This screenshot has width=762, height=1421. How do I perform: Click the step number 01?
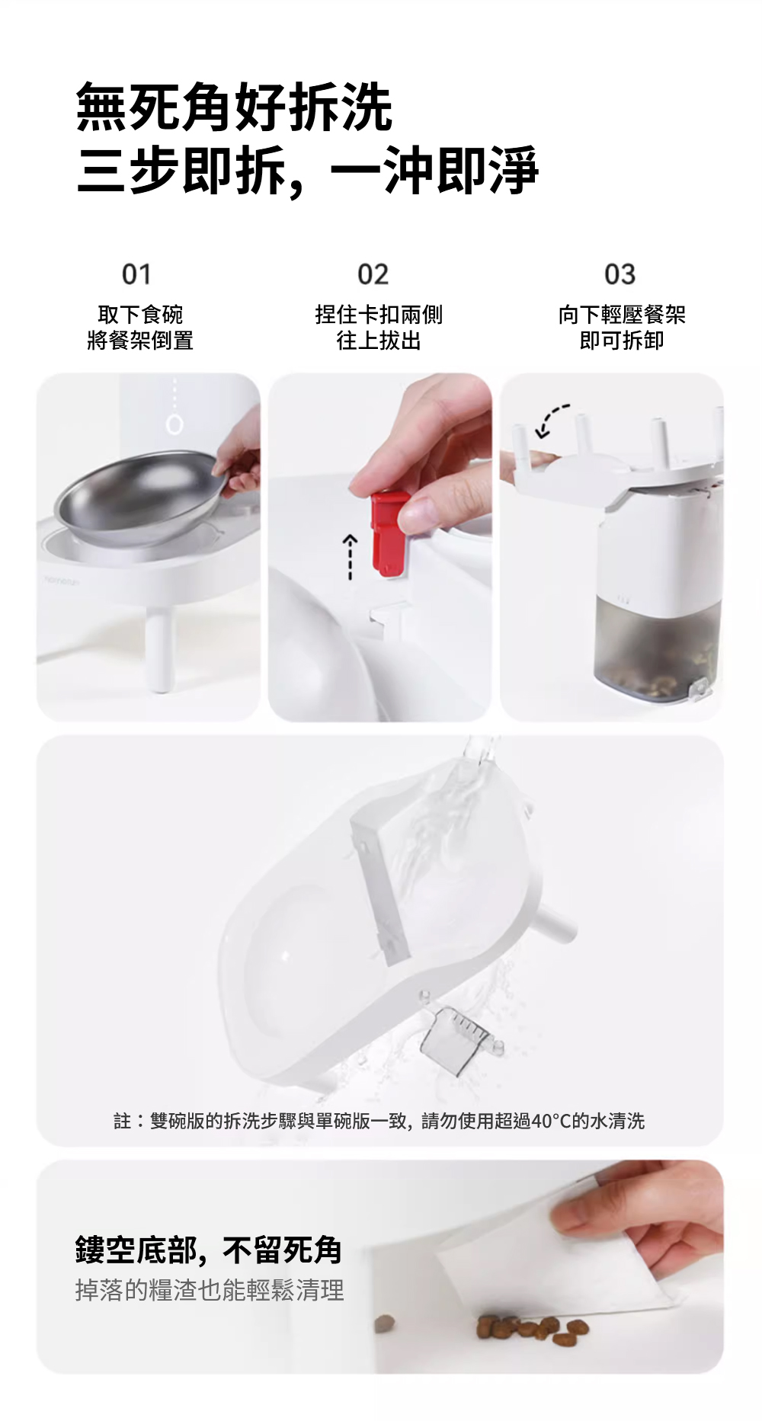click(x=137, y=274)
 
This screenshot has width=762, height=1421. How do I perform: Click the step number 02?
click(x=373, y=274)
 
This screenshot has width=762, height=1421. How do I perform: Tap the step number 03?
click(x=620, y=274)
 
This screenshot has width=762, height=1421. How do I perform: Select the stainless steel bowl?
click(x=137, y=499)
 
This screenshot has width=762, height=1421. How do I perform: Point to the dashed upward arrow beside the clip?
click(x=350, y=558)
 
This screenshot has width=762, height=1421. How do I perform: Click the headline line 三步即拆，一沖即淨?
click(x=308, y=169)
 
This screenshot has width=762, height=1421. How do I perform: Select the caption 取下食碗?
click(x=140, y=314)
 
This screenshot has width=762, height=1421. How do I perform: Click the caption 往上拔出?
click(x=379, y=340)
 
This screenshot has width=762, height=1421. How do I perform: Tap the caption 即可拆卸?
click(x=622, y=340)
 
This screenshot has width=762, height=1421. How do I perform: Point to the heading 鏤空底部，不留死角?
click(x=208, y=1250)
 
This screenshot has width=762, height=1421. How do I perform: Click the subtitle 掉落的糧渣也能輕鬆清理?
click(x=210, y=1290)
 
